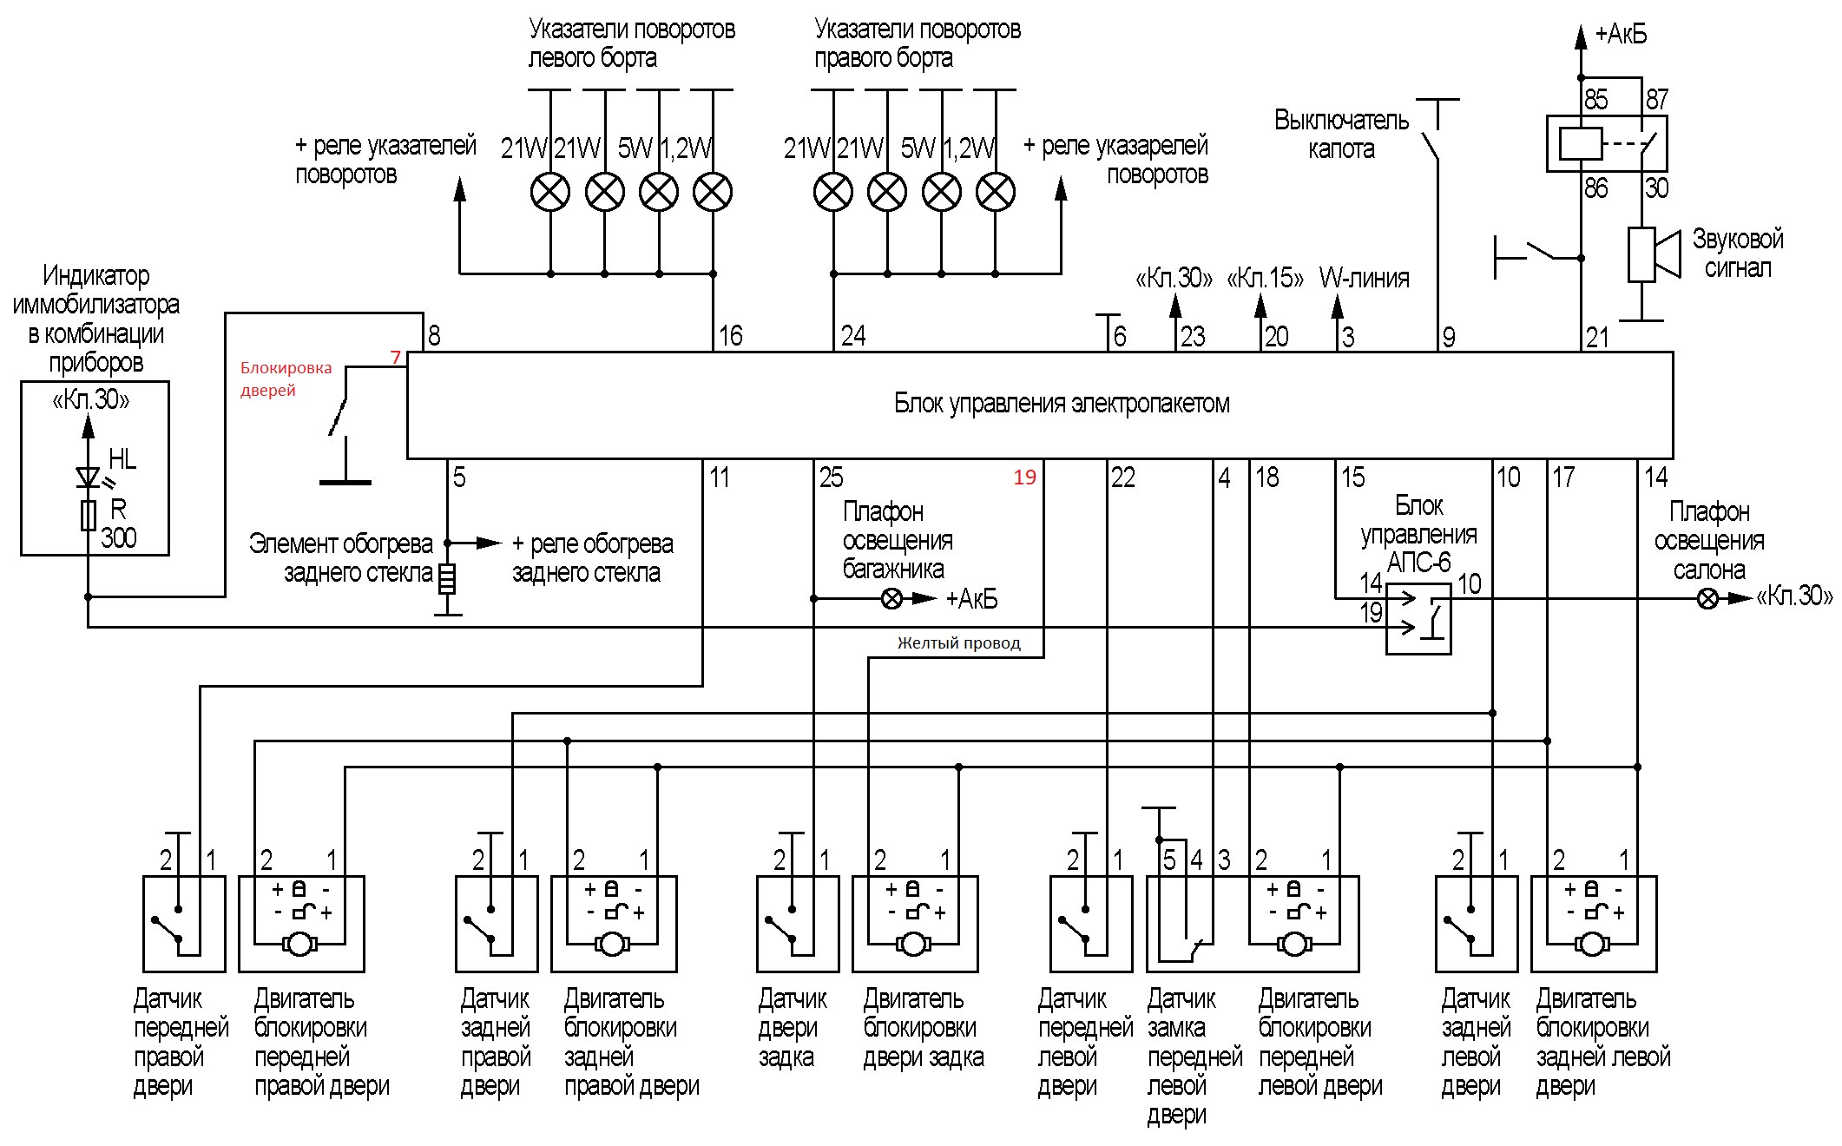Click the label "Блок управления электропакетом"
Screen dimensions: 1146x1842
(1061, 404)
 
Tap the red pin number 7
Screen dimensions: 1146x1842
(396, 358)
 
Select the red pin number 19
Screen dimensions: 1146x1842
(1024, 477)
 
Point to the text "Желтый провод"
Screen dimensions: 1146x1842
(958, 643)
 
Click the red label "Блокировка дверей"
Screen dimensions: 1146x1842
(286, 379)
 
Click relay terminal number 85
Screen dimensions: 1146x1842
(1595, 100)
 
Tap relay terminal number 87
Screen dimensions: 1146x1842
(1656, 100)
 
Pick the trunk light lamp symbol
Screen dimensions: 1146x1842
(891, 599)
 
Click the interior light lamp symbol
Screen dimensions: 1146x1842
(1707, 599)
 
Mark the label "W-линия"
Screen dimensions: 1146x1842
(1364, 279)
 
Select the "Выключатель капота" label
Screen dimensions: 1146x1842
(1341, 135)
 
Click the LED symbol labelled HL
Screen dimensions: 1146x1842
(88, 477)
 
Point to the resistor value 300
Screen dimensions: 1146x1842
(118, 538)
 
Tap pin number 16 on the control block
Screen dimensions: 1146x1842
(730, 336)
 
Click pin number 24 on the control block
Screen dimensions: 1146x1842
(852, 336)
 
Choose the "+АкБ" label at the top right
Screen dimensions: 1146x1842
(1621, 35)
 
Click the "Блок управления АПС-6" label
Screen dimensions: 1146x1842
(1418, 534)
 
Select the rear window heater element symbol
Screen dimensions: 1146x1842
(447, 578)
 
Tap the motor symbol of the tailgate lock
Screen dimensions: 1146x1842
(912, 945)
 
